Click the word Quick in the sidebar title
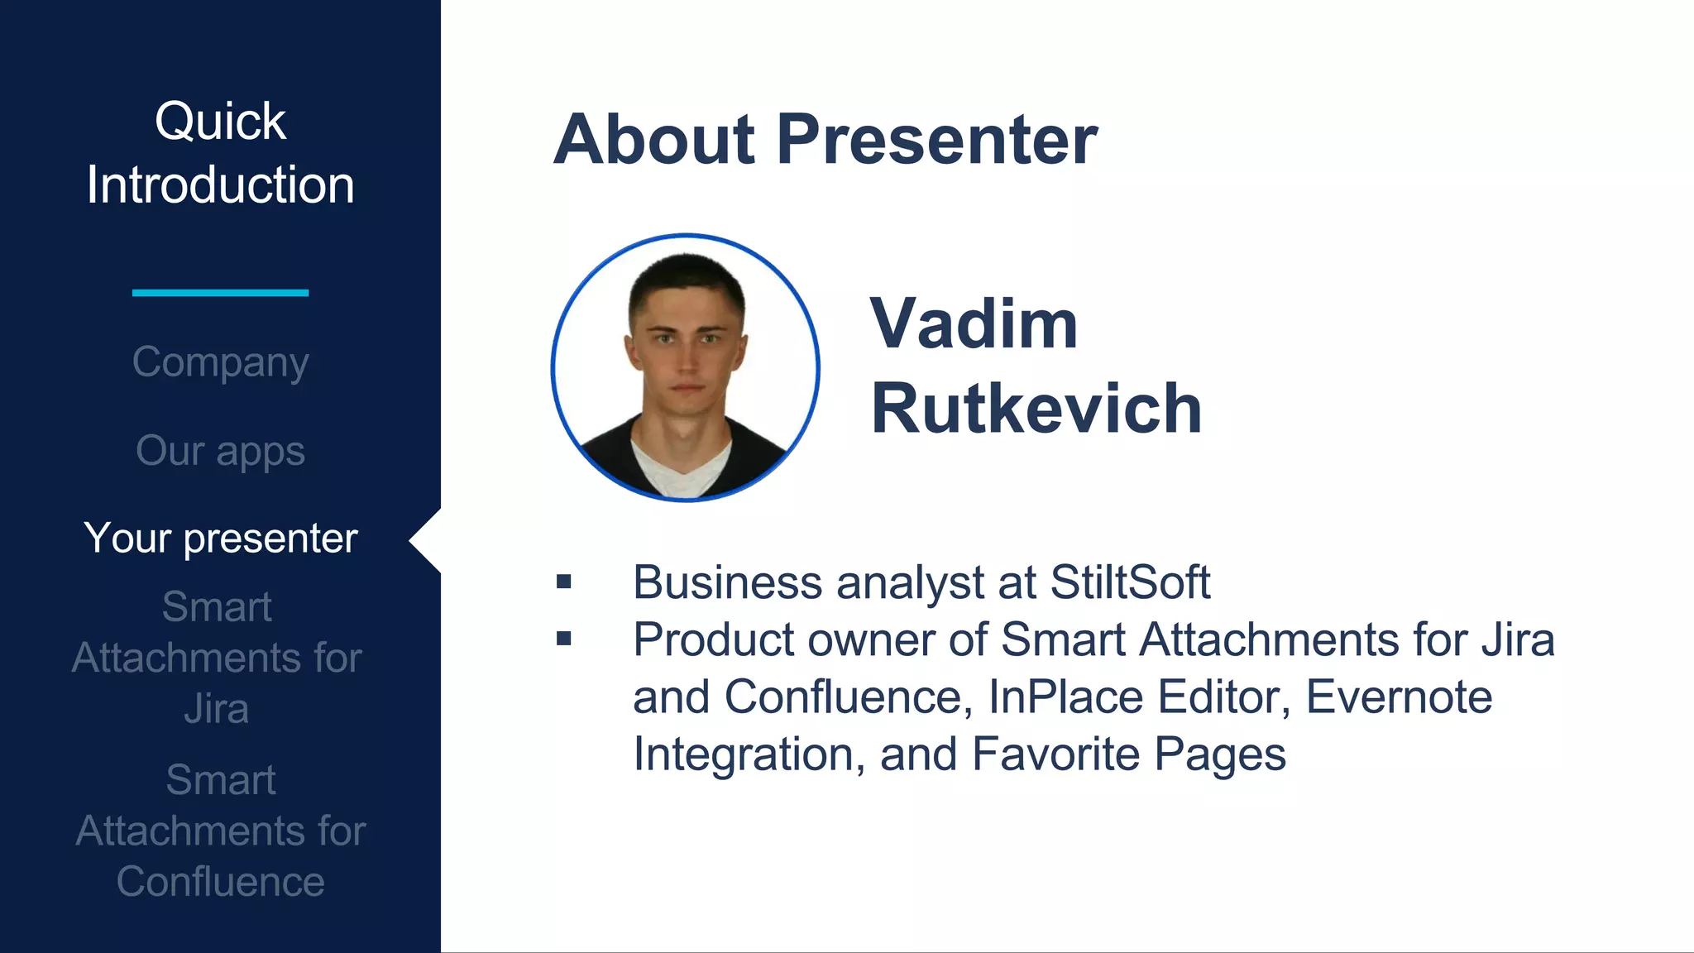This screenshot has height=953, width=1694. pyautogui.click(x=220, y=122)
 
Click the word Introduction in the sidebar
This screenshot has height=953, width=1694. pyautogui.click(x=220, y=184)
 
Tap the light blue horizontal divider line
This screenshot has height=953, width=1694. pyautogui.click(x=220, y=292)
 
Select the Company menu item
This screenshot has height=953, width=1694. pyautogui.click(x=220, y=362)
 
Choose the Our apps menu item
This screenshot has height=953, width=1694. pyautogui.click(x=220, y=451)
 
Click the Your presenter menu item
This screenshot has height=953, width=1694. pyautogui.click(x=220, y=539)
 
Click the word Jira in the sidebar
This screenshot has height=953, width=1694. pyautogui.click(x=216, y=709)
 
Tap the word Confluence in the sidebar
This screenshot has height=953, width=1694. pyautogui.click(x=220, y=882)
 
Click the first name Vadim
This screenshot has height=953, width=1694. pyautogui.click(x=974, y=323)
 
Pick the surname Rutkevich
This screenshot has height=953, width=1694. pyautogui.click(x=1036, y=409)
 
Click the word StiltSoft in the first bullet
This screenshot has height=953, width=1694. pyautogui.click(x=1129, y=582)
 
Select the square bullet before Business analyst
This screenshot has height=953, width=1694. pyautogui.click(x=564, y=582)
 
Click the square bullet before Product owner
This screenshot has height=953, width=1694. pyautogui.click(x=564, y=639)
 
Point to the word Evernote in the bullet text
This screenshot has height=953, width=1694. pyautogui.click(x=1399, y=697)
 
